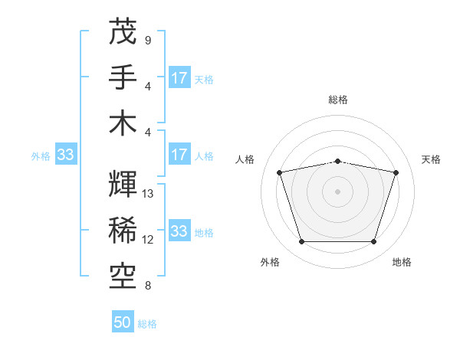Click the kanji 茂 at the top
click(123, 31)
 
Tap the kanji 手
click(123, 77)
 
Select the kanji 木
click(123, 123)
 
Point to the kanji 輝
click(123, 185)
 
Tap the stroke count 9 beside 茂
click(148, 40)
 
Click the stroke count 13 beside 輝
click(149, 194)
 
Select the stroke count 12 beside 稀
click(149, 240)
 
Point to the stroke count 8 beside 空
click(148, 286)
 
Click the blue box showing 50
click(123, 323)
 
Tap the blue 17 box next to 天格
click(179, 78)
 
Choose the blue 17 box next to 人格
click(179, 155)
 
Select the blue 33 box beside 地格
click(179, 231)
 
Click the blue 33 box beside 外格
click(65, 155)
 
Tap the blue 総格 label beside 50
click(147, 324)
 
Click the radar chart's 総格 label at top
click(337, 100)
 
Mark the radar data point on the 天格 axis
click(396, 172)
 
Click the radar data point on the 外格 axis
click(301, 242)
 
